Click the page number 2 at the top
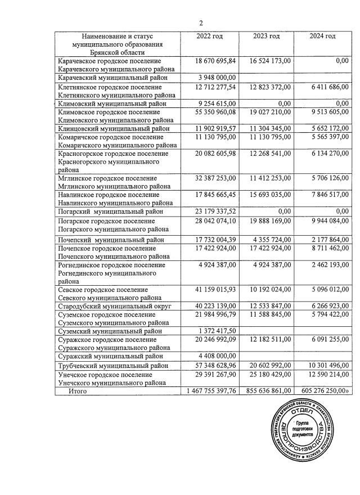[201, 22]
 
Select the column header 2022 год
[209, 37]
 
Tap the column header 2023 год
[266, 37]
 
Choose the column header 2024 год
[323, 37]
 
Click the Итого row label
[80, 390]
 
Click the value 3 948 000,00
[217, 78]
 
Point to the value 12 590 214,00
[325, 374]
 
